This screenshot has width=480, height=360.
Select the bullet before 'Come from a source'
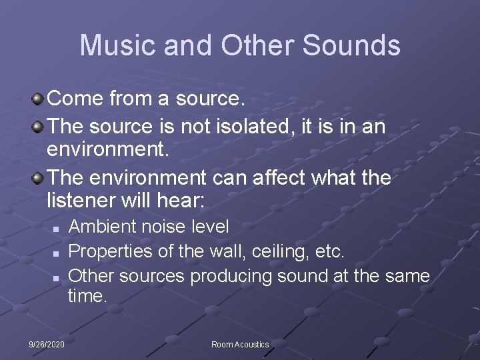pyautogui.click(x=39, y=100)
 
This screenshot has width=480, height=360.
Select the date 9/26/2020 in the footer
pyautogui.click(x=47, y=344)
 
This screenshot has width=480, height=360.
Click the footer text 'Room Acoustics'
pyautogui.click(x=240, y=344)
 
